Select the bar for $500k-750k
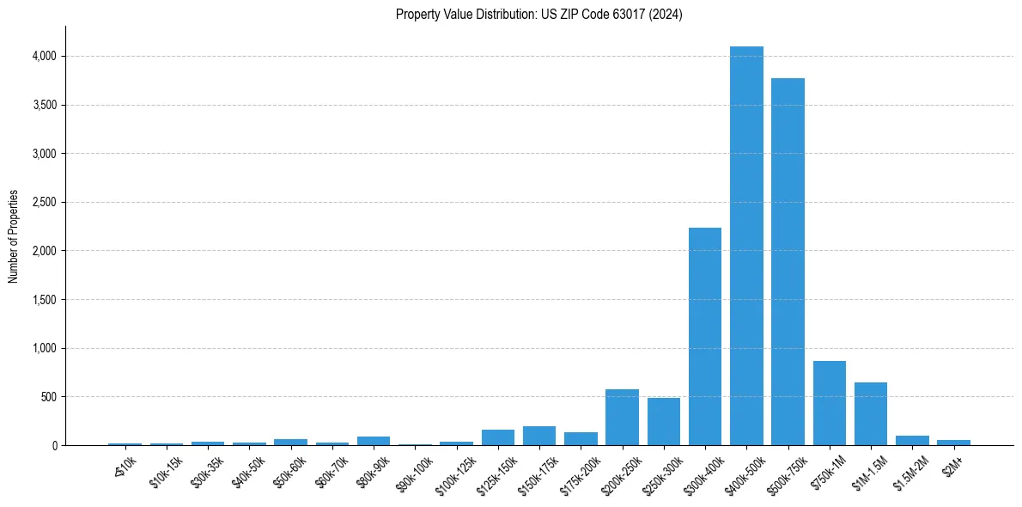point(788,262)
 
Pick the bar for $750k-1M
point(830,403)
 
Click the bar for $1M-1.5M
point(871,413)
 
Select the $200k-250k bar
point(622,418)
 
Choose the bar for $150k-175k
point(539,436)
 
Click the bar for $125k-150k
point(498,437)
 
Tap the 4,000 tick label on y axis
point(44,57)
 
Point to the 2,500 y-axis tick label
point(44,203)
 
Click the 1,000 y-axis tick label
point(44,349)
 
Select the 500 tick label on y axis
point(48,397)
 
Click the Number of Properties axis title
point(14,236)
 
